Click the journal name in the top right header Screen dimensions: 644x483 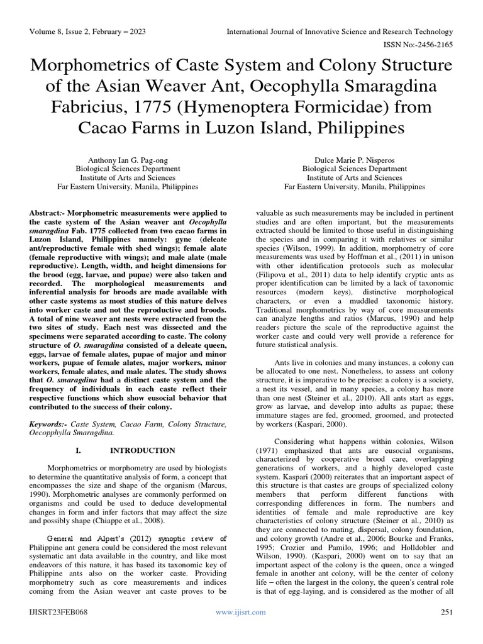point(339,31)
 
